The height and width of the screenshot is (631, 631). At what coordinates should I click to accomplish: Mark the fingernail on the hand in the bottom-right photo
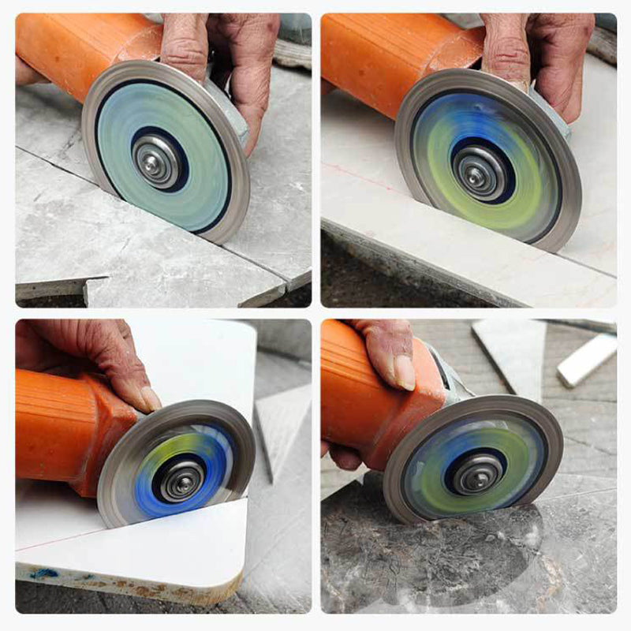(405, 372)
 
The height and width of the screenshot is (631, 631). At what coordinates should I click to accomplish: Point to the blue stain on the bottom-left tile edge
(43, 573)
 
